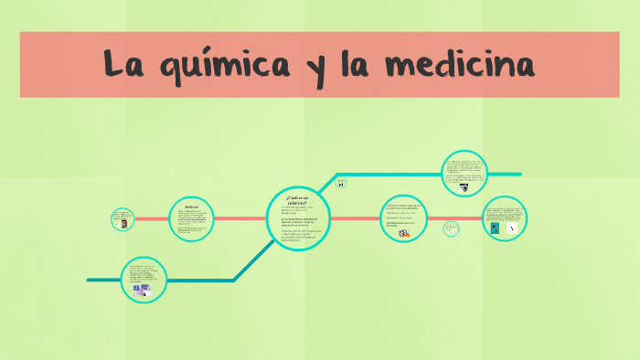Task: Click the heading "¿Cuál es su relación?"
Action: (296, 199)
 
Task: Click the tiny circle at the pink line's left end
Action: (121, 219)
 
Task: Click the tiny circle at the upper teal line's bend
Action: (340, 183)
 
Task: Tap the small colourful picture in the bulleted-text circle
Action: (403, 234)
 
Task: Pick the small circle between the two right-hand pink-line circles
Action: (451, 230)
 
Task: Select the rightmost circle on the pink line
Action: (504, 219)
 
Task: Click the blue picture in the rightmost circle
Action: (495, 229)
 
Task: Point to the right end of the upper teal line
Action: (519, 174)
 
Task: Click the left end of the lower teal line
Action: (89, 280)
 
